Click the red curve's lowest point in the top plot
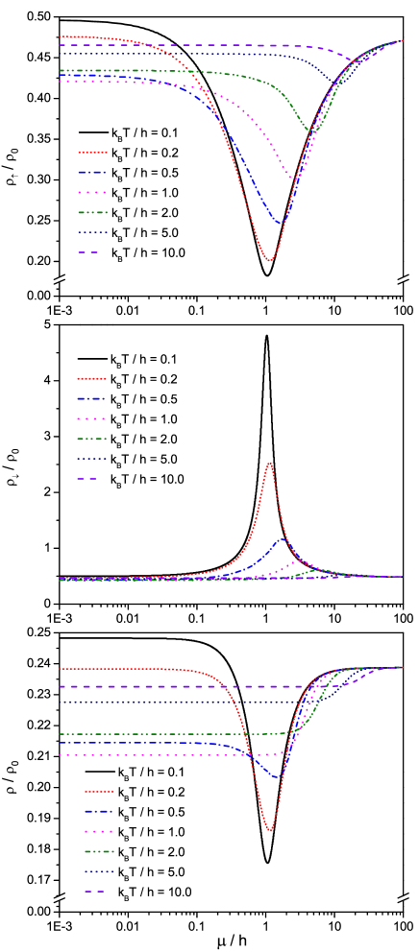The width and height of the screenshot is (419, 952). point(269,260)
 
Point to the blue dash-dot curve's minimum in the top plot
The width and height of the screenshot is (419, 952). point(282,225)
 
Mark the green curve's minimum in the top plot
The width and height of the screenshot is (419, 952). point(310,131)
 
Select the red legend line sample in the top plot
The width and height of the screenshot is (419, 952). point(92,153)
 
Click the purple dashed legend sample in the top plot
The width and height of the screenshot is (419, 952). point(88,252)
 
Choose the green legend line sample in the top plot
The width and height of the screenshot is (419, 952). point(92,212)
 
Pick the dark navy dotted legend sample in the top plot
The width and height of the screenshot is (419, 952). point(92,232)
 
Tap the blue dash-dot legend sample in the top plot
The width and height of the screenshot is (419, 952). point(92,173)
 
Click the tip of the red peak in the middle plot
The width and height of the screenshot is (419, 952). point(269,464)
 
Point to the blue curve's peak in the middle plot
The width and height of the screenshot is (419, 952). point(283,539)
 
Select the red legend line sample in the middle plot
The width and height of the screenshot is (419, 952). point(91,379)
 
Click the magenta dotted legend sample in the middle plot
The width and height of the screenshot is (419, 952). point(91,419)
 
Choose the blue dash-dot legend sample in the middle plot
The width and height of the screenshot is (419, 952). point(91,399)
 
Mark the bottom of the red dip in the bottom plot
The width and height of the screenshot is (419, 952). point(270,831)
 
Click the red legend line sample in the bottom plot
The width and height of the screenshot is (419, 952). point(99,792)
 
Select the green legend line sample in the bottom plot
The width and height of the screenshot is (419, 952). point(99,851)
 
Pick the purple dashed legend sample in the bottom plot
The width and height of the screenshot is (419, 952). point(95,892)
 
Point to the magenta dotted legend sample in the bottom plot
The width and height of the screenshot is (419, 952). point(99,832)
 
